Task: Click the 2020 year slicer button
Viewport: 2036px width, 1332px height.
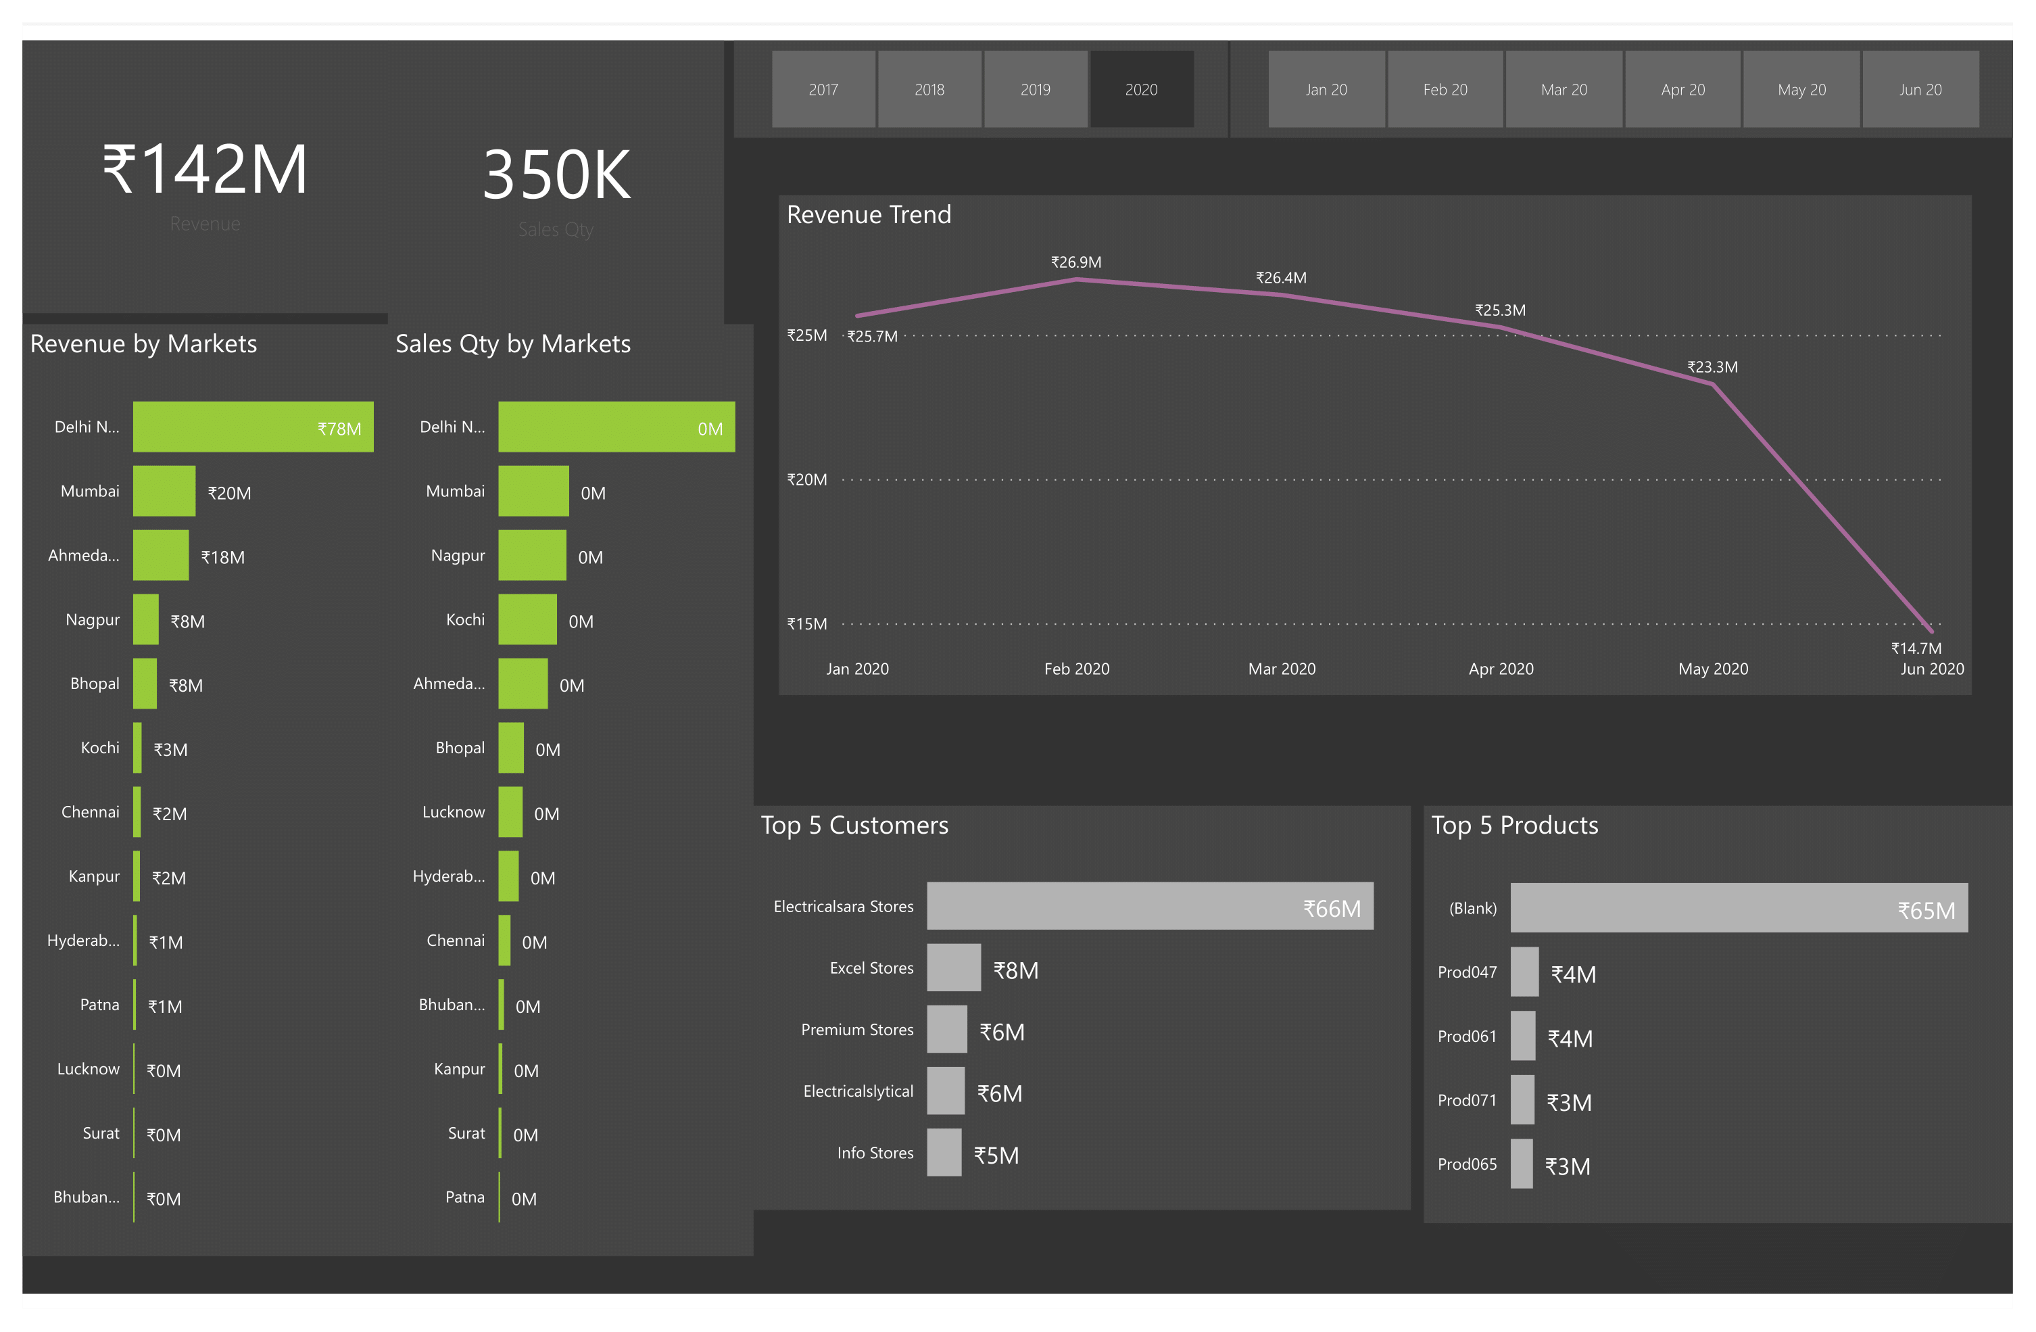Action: [x=1141, y=89]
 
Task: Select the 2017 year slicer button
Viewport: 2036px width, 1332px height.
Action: [x=823, y=89]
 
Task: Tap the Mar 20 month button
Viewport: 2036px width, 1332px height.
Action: [x=1563, y=89]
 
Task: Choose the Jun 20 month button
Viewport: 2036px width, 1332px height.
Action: [x=1920, y=89]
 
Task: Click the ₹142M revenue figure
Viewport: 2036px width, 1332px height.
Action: [x=205, y=170]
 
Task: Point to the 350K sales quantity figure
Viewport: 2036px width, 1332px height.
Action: [x=556, y=175]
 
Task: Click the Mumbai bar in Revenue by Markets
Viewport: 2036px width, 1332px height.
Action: [x=164, y=491]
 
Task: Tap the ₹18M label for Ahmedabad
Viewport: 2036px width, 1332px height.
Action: [x=222, y=557]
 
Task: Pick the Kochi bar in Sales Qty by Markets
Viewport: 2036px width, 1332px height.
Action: [x=527, y=619]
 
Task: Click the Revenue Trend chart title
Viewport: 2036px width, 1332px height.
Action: [x=869, y=215]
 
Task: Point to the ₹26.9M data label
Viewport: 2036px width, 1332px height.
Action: [x=1075, y=262]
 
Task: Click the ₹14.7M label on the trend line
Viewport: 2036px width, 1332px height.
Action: [x=1916, y=648]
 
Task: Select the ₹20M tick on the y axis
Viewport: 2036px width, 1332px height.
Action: [x=806, y=480]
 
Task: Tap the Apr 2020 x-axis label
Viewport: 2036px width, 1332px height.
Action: [x=1501, y=669]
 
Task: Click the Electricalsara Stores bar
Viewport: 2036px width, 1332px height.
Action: [x=1149, y=906]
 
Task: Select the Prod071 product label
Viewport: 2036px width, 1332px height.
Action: [x=1466, y=1100]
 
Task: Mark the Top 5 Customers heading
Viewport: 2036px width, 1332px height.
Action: [x=854, y=825]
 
